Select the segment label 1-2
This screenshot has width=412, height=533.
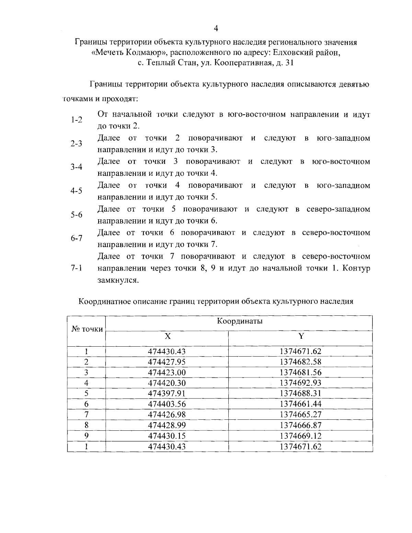coord(77,120)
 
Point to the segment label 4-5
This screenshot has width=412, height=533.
coord(77,191)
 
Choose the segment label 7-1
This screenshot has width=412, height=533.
coord(77,268)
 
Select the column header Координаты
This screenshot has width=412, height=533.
coord(240,321)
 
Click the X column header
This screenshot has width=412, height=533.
coord(167,336)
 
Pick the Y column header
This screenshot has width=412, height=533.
coord(301,336)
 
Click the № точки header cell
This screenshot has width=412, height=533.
coord(87,329)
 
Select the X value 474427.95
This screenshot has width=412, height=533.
coord(167,362)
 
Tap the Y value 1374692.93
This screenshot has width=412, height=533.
coord(300,383)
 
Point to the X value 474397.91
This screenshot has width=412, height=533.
coord(167,393)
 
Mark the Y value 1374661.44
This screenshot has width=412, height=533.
coord(300,404)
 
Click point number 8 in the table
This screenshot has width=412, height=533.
coord(87,425)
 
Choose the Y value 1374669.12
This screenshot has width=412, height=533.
coord(300,436)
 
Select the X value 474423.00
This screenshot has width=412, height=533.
coord(167,372)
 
